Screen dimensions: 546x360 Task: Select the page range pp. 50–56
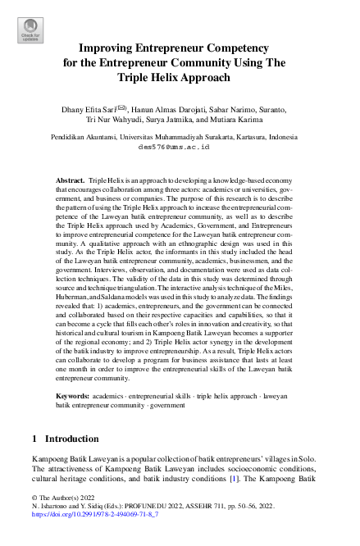tap(258, 507)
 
